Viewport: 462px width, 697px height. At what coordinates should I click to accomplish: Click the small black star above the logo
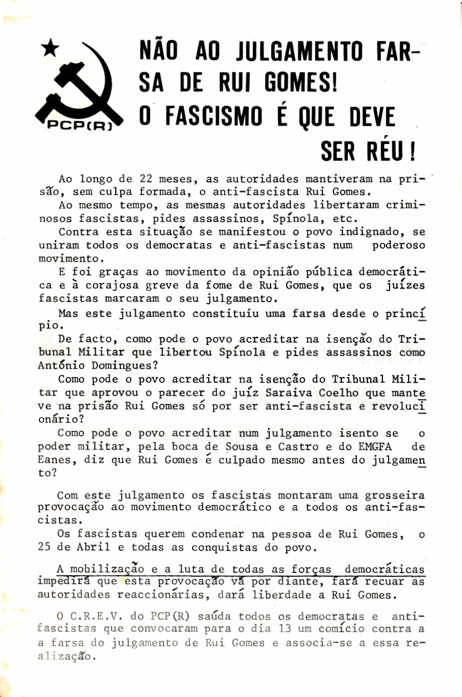coord(50,49)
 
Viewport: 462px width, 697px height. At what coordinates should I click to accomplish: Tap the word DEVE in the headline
coord(370,117)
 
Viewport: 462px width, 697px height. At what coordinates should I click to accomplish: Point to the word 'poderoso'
coord(398,245)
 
